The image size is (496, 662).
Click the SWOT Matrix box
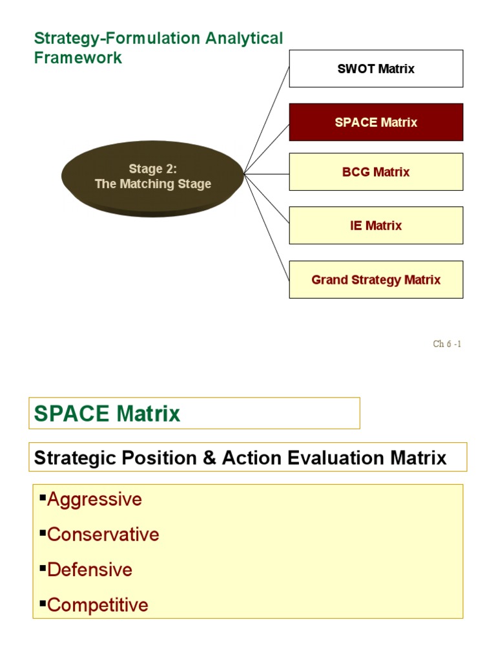tap(376, 69)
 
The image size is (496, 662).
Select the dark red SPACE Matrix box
tap(376, 122)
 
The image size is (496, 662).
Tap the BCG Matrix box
tap(376, 172)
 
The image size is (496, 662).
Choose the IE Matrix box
tap(376, 226)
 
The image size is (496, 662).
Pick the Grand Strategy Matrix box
tap(376, 280)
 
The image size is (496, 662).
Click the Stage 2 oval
tap(152, 176)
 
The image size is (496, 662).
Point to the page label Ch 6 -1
tap(447, 344)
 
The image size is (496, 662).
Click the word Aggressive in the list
tap(94, 500)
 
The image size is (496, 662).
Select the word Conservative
tap(103, 535)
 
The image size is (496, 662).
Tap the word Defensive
tap(89, 570)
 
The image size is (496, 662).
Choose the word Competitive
tap(98, 605)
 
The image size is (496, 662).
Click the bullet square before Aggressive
tap(43, 497)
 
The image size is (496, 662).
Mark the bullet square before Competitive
tap(43, 603)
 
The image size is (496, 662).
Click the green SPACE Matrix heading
tap(107, 414)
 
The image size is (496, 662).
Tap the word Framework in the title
tap(77, 58)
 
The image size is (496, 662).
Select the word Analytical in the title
tap(244, 39)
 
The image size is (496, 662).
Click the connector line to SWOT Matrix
tap(267, 119)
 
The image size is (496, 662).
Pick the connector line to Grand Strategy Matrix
tap(267, 226)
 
